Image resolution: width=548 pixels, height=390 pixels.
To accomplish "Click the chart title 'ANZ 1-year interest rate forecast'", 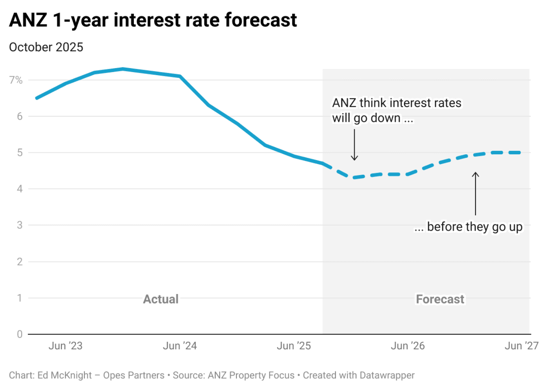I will [x=153, y=20].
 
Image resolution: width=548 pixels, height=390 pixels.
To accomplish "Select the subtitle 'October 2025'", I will [x=46, y=47].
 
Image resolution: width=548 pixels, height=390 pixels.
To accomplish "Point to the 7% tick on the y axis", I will [x=16, y=80].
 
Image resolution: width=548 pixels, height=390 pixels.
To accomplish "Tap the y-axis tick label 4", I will [x=20, y=189].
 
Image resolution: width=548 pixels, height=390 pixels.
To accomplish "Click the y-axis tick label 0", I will [x=20, y=334].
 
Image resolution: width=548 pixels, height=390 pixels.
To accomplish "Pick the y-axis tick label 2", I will [x=20, y=262].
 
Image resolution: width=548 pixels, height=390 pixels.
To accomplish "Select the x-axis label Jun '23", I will [x=65, y=346].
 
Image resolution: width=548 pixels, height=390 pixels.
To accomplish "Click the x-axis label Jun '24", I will [x=180, y=346].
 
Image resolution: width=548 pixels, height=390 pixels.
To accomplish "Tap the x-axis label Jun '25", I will [x=294, y=346].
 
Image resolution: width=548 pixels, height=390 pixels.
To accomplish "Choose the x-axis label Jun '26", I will [x=407, y=346].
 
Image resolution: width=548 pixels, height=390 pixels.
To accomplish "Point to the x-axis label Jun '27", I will [x=521, y=346].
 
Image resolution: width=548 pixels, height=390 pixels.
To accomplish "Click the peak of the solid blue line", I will [x=123, y=69].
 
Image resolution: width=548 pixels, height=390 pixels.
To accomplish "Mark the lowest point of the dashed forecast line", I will [x=354, y=177].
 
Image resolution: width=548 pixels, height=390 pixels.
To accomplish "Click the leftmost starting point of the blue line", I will [x=37, y=98].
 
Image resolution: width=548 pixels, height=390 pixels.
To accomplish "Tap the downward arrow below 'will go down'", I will [x=354, y=145].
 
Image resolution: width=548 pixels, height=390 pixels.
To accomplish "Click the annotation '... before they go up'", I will [x=468, y=227].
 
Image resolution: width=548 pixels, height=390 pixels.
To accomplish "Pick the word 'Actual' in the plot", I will [x=160, y=299].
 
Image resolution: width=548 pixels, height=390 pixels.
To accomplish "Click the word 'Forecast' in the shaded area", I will [x=440, y=299].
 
